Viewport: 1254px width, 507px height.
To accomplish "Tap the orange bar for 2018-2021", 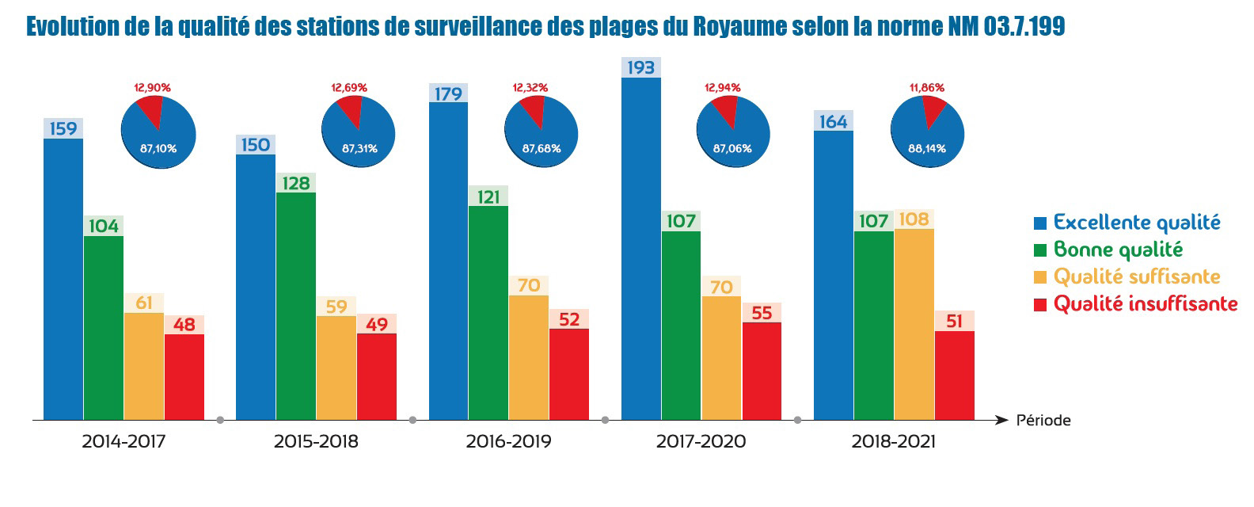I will pos(914,324).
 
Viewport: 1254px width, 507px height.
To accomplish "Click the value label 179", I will pos(448,94).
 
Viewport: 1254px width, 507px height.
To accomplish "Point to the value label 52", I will pos(569,319).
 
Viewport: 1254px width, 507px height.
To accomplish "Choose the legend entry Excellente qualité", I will pos(1136,223).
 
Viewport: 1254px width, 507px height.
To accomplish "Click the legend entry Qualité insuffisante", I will pos(1145,304).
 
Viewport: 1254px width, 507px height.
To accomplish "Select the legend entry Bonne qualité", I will pos(1117,250).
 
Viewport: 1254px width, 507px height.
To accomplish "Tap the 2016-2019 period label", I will pos(508,442).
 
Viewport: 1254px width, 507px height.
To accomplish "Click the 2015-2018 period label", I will pos(316,442).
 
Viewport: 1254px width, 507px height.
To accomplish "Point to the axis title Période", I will pos(1043,421).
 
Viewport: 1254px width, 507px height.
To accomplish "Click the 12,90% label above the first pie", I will pos(151,87).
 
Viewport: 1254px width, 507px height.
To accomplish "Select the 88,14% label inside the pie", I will pos(926,149).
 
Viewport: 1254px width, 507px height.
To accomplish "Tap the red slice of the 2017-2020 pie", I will pos(725,109).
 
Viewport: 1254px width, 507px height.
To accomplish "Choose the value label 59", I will pos(336,307).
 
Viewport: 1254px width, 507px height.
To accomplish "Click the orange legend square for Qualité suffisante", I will pos(1040,277).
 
